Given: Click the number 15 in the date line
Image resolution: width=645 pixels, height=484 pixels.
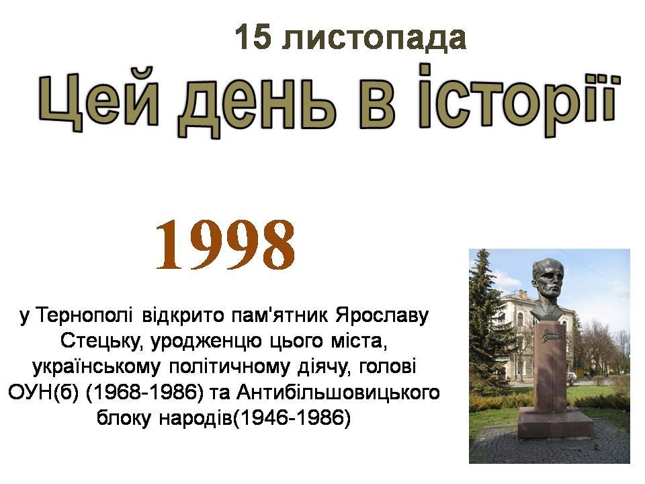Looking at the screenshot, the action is click(253, 37).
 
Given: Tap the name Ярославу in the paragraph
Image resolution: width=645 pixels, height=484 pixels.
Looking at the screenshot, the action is click(382, 316).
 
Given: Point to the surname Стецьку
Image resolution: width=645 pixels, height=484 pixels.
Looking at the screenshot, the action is click(102, 341).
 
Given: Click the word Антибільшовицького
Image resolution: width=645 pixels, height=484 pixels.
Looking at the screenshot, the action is click(338, 393).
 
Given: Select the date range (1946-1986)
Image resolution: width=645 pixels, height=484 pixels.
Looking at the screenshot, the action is click(292, 418).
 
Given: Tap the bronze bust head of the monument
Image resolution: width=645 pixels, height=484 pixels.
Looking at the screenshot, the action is click(547, 288).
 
